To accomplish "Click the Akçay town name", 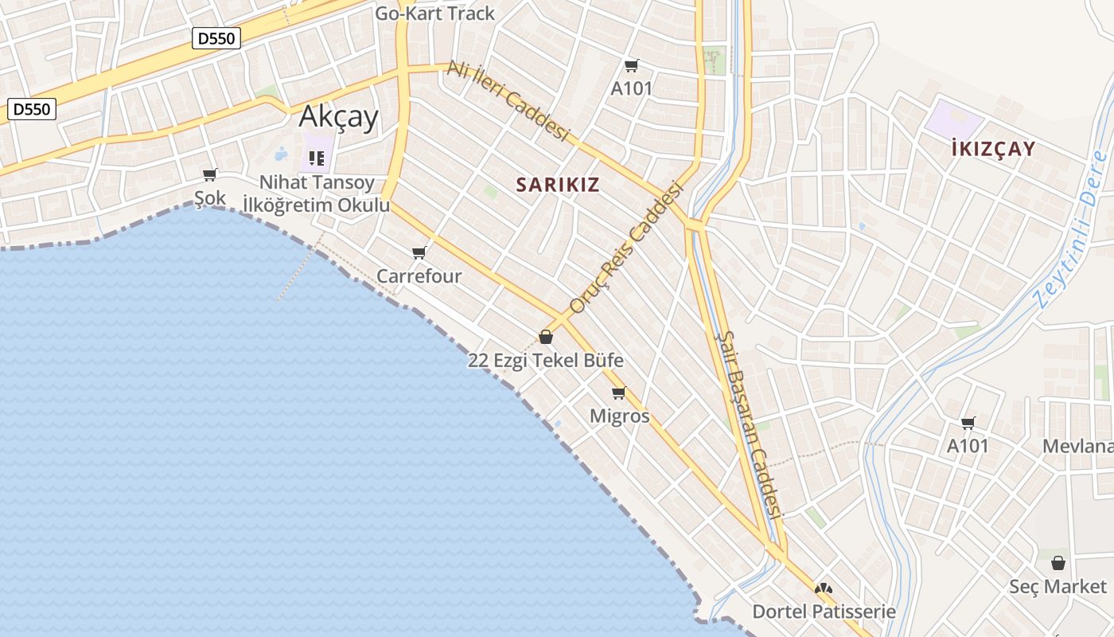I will [338, 118].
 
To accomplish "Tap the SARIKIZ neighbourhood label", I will [557, 185].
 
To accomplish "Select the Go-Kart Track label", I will [434, 14].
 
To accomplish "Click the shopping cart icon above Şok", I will [210, 174].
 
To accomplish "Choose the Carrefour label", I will [419, 276].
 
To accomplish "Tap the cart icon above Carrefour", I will [419, 253].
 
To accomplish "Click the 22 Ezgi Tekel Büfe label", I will [545, 360].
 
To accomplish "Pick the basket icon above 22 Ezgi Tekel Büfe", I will [546, 337].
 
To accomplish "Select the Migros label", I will [619, 416].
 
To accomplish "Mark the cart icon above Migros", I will [619, 393].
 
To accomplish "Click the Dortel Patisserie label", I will [824, 612].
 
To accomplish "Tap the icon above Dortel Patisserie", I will [824, 589].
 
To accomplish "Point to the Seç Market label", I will [1058, 587].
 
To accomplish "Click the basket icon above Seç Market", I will [1058, 563].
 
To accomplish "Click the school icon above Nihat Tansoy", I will [317, 158].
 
